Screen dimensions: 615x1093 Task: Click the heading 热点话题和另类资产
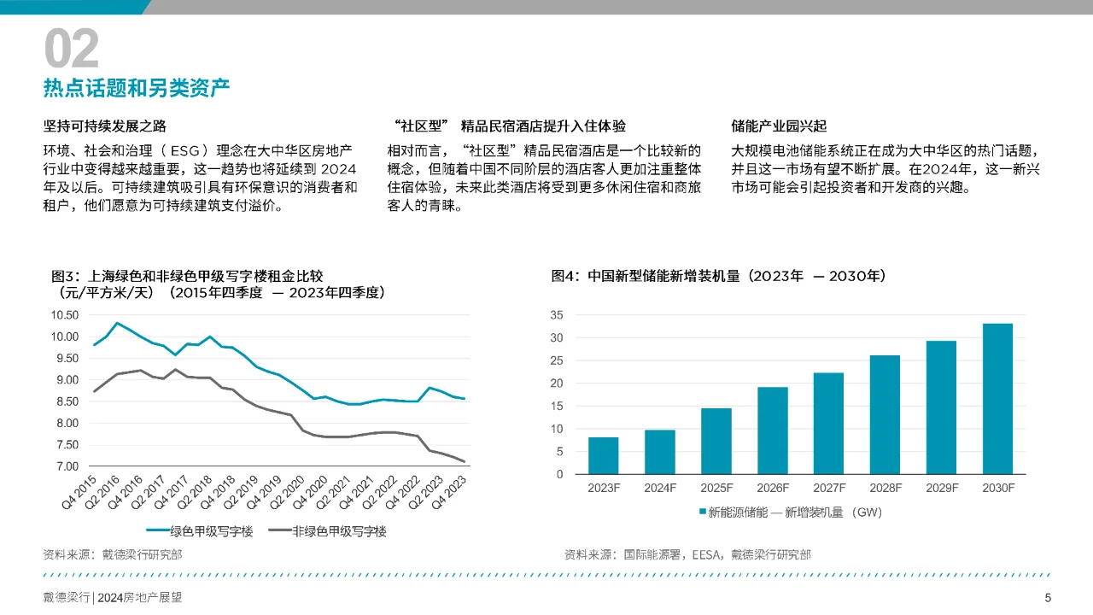[x=137, y=89]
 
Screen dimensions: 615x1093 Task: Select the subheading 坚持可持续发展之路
[x=105, y=126]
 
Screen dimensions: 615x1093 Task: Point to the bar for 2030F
[x=997, y=399]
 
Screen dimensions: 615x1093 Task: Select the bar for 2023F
[x=603, y=455]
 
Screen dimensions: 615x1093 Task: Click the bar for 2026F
[x=772, y=430]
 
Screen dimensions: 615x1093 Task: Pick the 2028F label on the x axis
[x=885, y=488]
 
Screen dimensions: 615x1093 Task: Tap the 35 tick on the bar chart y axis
[x=556, y=315]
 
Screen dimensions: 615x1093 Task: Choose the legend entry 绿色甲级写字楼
[x=201, y=531]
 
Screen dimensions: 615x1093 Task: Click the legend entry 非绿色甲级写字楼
[x=327, y=531]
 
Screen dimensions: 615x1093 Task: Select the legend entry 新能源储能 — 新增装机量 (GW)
[x=790, y=512]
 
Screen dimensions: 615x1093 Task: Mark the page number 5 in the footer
[x=1048, y=598]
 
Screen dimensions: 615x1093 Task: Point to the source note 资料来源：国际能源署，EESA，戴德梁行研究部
[x=687, y=554]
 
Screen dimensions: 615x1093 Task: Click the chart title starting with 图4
[x=718, y=276]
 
